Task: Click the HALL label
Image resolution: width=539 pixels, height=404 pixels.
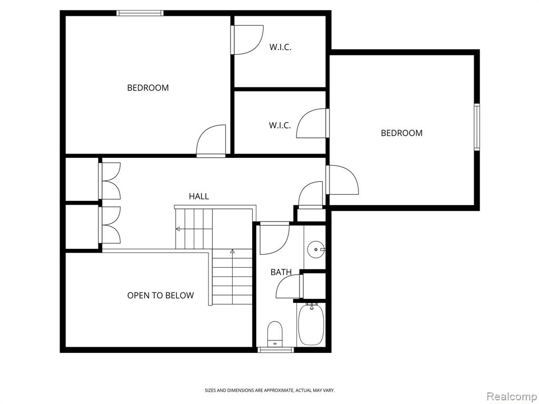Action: [x=198, y=196]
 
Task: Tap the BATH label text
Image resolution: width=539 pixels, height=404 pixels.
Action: [x=281, y=272]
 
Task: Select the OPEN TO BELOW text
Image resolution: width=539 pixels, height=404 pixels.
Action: [x=160, y=296]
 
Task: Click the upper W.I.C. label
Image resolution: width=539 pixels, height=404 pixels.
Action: [x=280, y=47]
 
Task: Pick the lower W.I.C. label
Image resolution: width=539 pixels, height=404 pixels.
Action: [x=280, y=125]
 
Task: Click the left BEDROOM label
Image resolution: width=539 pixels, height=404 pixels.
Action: [x=148, y=88]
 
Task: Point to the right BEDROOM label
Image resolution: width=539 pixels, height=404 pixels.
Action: [x=402, y=133]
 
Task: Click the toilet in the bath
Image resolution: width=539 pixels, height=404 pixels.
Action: [x=275, y=334]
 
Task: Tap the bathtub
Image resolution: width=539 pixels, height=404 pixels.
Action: [x=311, y=324]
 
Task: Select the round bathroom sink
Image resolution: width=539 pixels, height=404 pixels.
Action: [x=315, y=249]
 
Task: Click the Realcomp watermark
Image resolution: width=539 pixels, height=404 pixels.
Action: [x=512, y=396]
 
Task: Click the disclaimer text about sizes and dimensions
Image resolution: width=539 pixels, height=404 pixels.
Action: [x=269, y=390]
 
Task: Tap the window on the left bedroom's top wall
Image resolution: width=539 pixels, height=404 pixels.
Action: [x=139, y=13]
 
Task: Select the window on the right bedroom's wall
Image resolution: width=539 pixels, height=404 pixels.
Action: [x=477, y=127]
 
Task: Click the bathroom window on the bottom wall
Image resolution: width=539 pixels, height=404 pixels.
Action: [x=276, y=350]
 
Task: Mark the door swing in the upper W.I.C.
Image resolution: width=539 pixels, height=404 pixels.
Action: [x=247, y=40]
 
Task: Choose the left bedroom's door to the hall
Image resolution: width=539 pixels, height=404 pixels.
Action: [x=211, y=141]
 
